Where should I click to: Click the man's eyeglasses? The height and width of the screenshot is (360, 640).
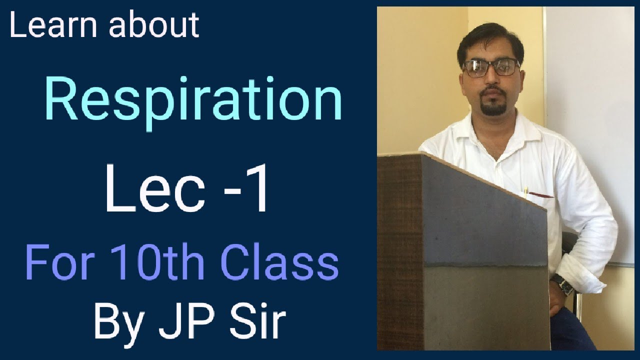pos(491,67)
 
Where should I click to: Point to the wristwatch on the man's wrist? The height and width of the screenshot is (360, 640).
pos(561,284)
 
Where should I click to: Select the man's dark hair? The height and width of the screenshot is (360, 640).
pos(490,37)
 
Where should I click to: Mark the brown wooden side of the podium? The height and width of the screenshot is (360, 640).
pos(400,250)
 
